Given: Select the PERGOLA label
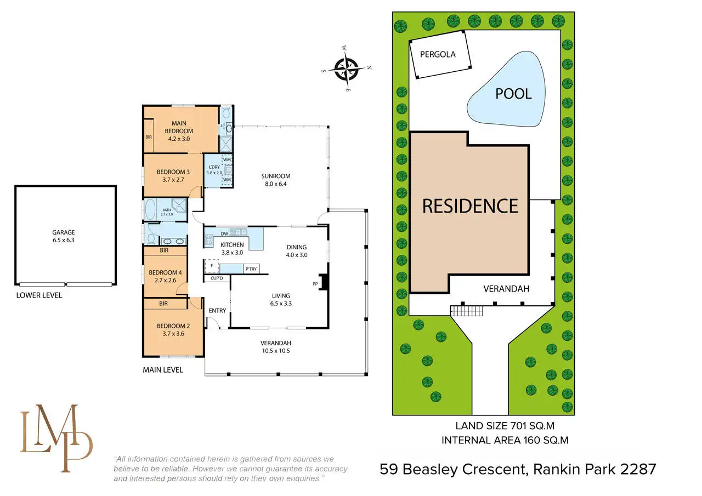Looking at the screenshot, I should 438,54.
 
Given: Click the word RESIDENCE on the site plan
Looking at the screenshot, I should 470,206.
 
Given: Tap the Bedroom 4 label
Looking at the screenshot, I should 165,276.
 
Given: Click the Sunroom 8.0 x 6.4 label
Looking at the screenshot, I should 275,180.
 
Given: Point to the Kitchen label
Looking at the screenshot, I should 232,248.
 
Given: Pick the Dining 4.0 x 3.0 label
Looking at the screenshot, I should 296,250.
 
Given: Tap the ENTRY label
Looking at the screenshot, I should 218,311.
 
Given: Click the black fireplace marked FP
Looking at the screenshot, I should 324,282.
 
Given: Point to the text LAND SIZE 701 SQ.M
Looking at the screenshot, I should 508,425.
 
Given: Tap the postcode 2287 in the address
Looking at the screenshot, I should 637,469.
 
